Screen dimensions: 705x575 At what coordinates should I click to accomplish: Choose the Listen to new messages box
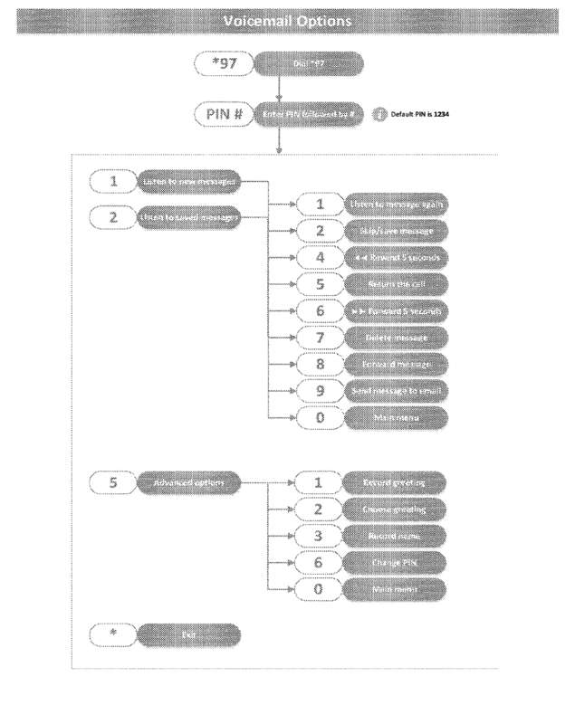[187, 181]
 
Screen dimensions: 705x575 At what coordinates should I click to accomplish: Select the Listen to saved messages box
[187, 217]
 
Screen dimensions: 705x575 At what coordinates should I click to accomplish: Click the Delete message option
[397, 336]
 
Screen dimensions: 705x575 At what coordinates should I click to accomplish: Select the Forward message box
[397, 362]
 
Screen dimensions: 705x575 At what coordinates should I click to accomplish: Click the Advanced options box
[187, 483]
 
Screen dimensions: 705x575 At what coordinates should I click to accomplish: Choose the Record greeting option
[397, 483]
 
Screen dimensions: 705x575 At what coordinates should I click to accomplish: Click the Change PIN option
[397, 562]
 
